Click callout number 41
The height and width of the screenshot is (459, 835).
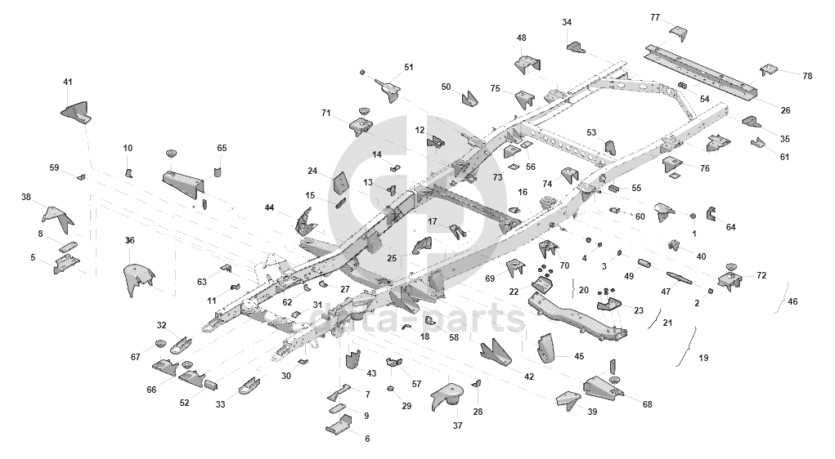coord(68,82)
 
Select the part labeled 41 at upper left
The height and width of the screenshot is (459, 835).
coord(78,111)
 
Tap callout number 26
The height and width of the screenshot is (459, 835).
coord(785,110)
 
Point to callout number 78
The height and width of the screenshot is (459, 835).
coord(807,76)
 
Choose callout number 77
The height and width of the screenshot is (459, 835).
coord(655,17)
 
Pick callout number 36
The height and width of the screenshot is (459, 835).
coord(129,240)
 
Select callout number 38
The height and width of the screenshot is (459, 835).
coord(26,197)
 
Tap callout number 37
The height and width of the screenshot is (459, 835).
coord(458,426)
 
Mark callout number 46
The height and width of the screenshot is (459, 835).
coord(792,302)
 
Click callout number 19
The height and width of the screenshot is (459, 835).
coord(703,358)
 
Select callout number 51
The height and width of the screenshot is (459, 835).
coord(409,67)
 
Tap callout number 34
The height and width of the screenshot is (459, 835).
coord(567,22)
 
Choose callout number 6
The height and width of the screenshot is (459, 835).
coord(367,439)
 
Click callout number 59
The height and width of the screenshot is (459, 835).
coord(55,167)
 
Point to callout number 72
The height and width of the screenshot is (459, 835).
coord(761,275)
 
